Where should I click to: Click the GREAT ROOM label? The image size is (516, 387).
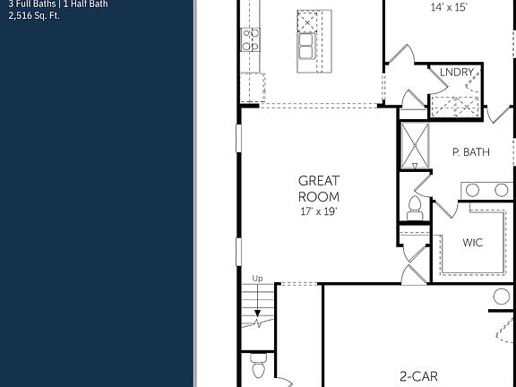(319, 189)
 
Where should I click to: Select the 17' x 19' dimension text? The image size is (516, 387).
(319, 212)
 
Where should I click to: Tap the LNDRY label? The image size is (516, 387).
(457, 73)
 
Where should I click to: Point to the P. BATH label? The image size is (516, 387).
(470, 152)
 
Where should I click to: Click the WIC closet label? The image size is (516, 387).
(474, 242)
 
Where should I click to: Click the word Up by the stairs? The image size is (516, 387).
(258, 278)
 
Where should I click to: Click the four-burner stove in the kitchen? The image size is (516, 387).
(250, 39)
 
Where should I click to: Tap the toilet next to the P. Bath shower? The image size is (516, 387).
(414, 206)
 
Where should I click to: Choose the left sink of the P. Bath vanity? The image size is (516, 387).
(474, 190)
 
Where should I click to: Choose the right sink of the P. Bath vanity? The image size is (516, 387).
(501, 190)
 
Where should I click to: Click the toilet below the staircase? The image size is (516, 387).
(260, 367)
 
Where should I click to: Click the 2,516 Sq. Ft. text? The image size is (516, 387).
(33, 15)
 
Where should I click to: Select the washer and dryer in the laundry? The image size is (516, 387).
(455, 104)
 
